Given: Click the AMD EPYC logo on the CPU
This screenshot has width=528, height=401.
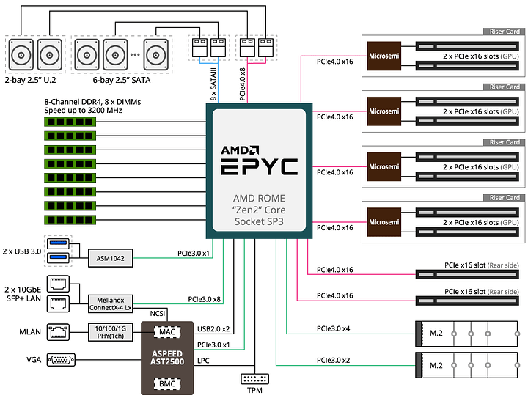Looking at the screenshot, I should pos(260,159).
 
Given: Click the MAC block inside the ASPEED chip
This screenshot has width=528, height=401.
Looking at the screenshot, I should pos(166,332).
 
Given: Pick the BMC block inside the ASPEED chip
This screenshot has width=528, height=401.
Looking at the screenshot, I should pos(166,383).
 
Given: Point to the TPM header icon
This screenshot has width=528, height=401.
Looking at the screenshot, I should pos(254,380).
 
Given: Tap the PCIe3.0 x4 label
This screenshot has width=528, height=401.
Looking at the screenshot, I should pos(334,328).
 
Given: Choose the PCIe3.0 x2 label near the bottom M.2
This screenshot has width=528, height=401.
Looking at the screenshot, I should pos(334,360).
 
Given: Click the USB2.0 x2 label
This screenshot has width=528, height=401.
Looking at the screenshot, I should pos(213,328).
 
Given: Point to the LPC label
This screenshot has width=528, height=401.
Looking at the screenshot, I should pos(204,361).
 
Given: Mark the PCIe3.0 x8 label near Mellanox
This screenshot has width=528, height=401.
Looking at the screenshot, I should pos(205,299).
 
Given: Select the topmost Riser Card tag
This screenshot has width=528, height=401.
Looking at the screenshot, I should pos(503,32).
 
